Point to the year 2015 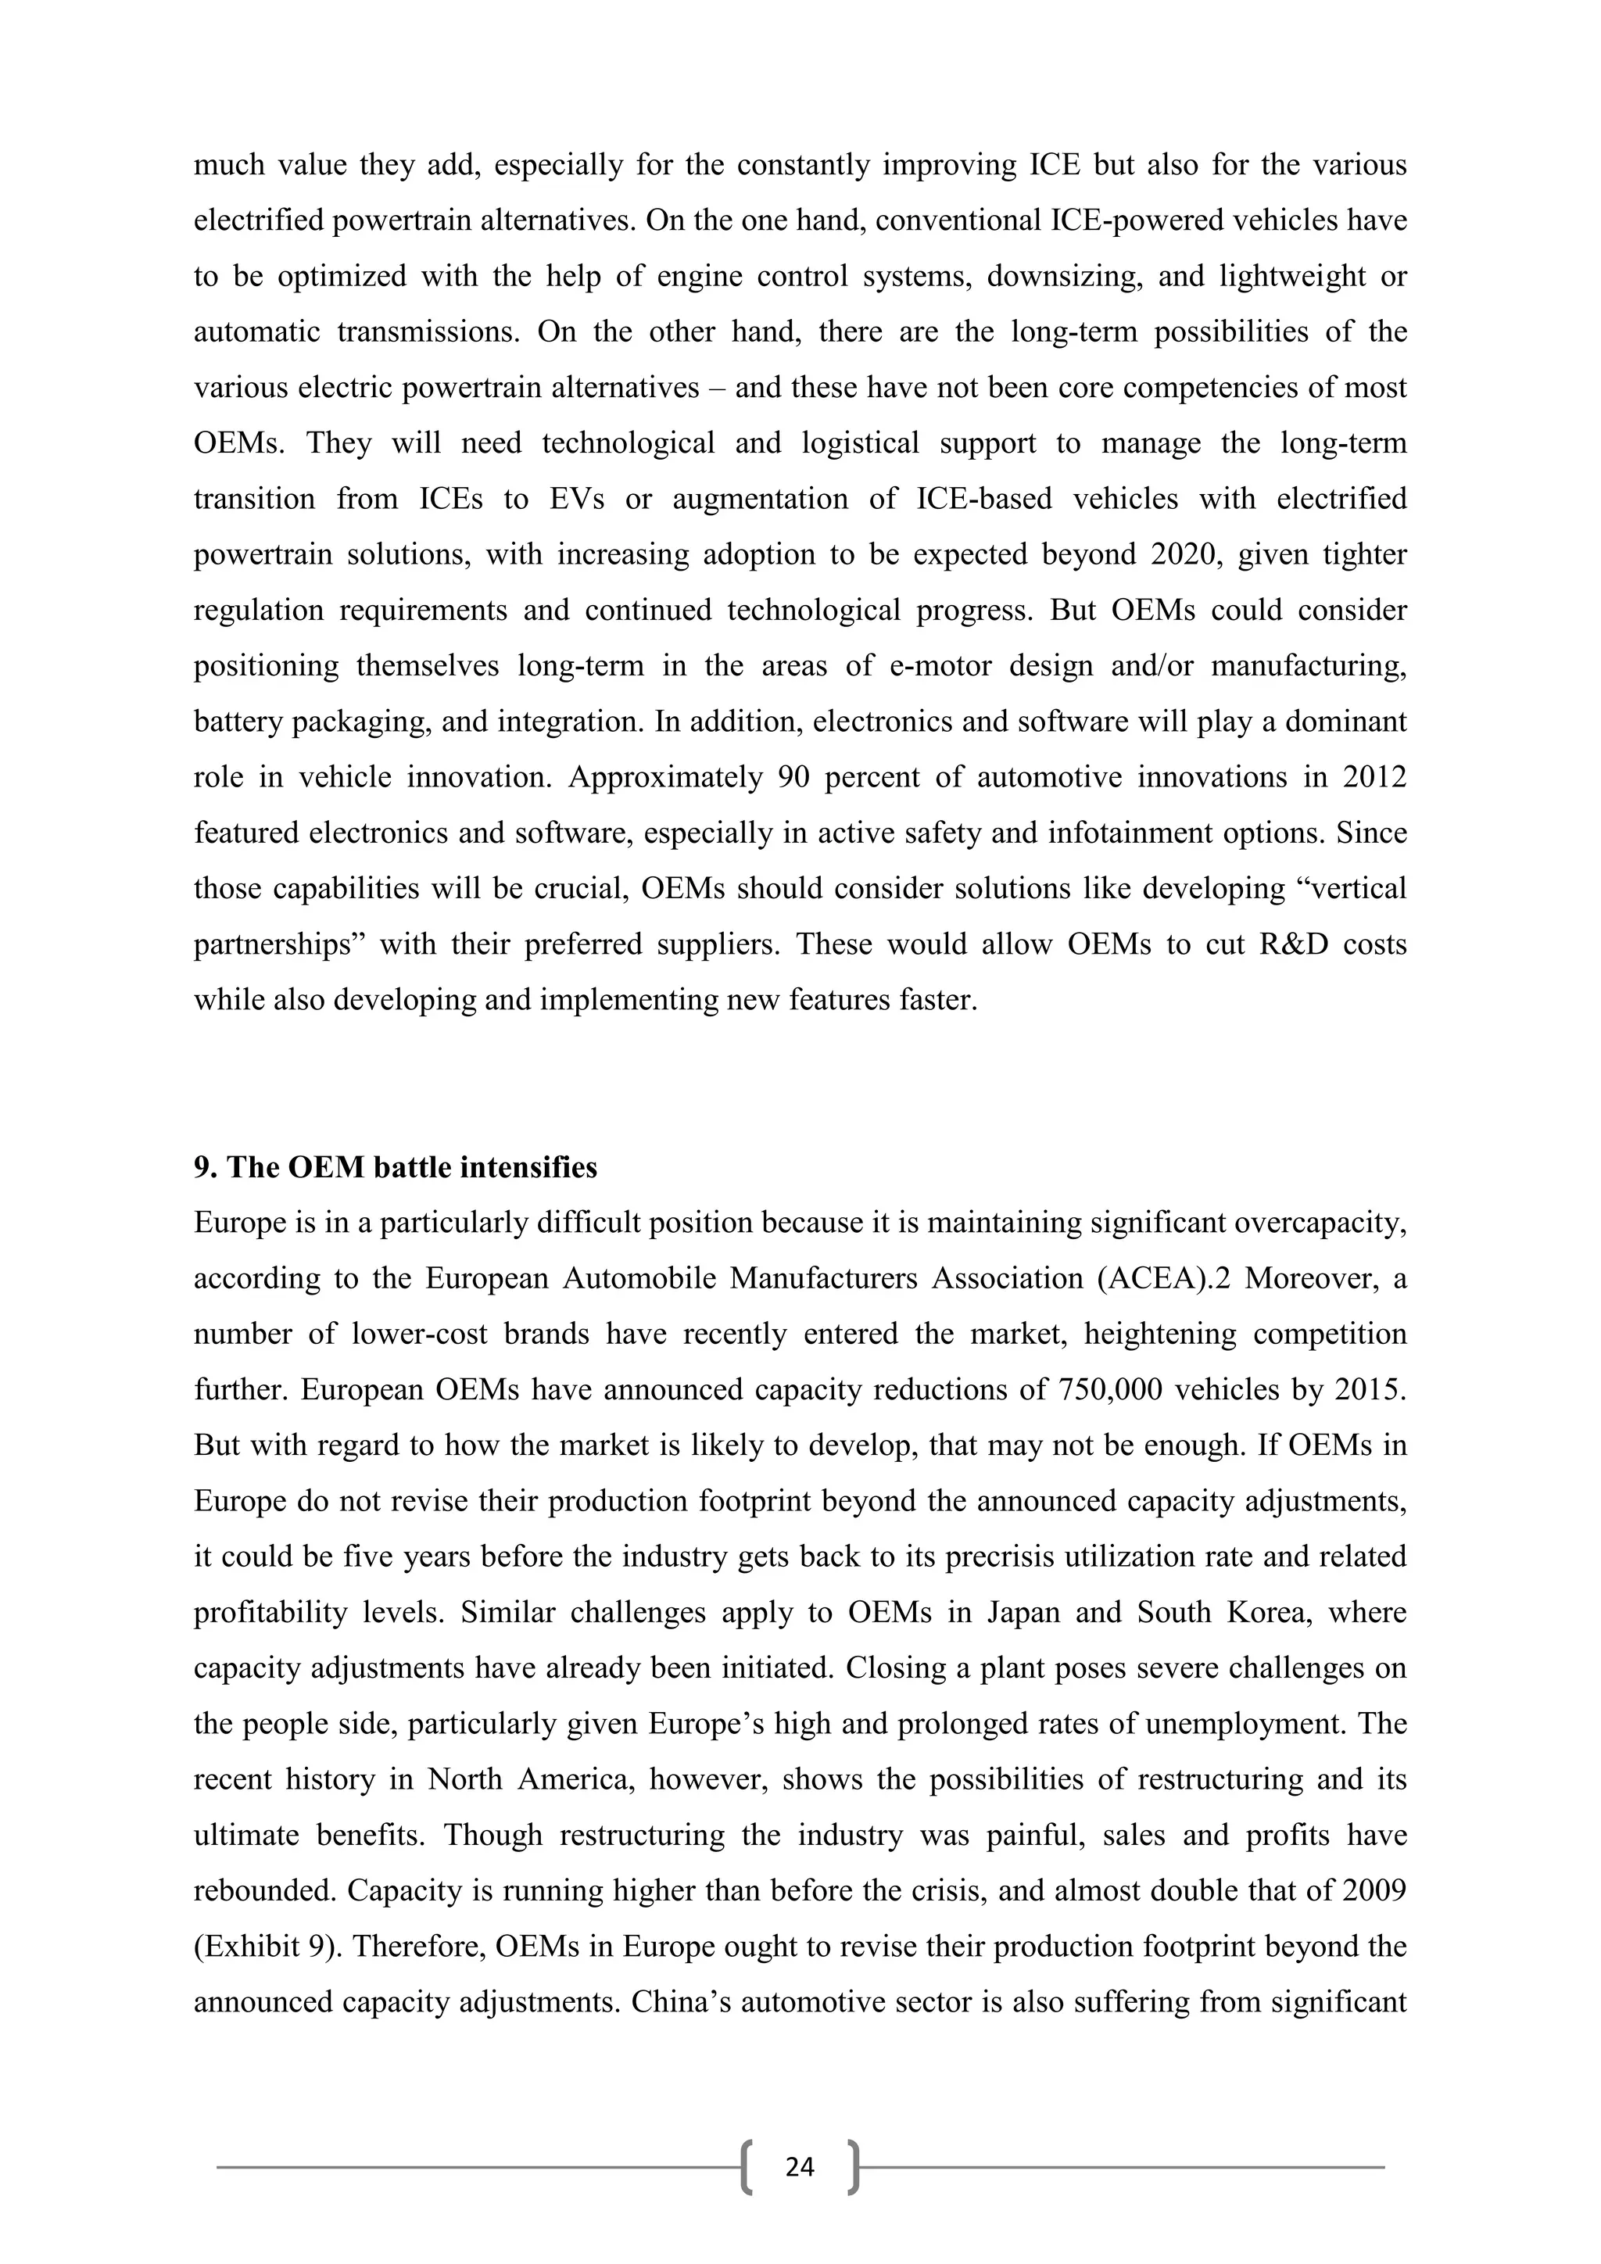pos(1370,1390)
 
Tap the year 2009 pos(1370,1891)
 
